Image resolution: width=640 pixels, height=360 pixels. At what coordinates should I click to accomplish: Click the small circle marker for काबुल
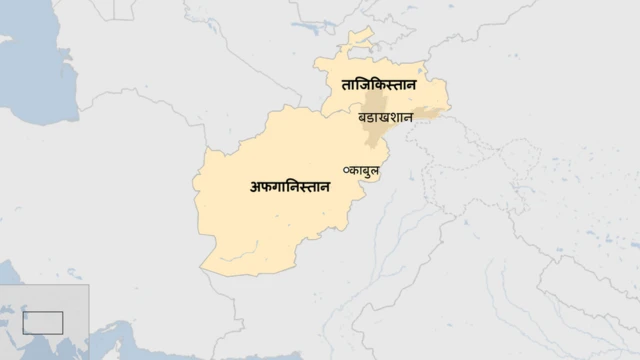346,170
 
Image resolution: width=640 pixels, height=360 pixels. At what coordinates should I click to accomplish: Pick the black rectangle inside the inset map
43,322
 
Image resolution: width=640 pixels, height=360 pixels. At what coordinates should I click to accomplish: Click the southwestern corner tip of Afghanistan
204,269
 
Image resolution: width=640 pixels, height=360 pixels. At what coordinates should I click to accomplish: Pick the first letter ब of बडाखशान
362,118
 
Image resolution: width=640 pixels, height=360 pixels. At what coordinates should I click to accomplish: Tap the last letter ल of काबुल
378,170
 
